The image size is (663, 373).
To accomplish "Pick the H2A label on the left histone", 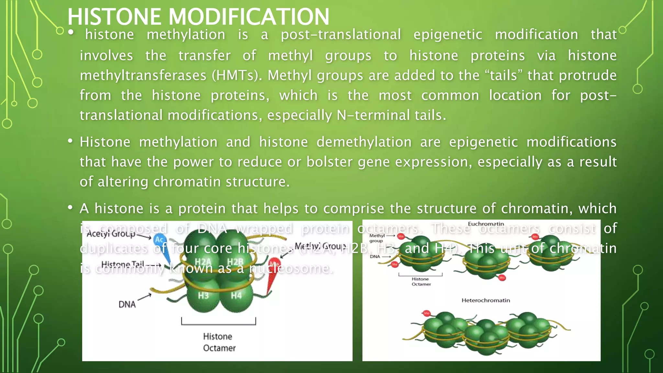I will [203, 262].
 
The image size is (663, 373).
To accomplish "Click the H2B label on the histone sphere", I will [235, 262].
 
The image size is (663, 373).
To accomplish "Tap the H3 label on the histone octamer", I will [203, 295].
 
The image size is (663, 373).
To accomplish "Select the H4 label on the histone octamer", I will [236, 295].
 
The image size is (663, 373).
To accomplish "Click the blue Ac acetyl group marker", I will [159, 240].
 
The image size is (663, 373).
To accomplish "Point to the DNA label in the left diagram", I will [127, 304].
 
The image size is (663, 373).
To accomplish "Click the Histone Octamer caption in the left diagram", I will [219, 342].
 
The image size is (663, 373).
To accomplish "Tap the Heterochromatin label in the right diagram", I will [486, 300].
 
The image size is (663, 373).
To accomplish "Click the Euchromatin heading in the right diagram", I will [486, 224].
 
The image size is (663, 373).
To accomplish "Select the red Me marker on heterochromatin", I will [427, 313].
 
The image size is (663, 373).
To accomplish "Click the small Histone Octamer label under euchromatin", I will [421, 281].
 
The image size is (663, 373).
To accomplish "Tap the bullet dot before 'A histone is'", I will [70, 208].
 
